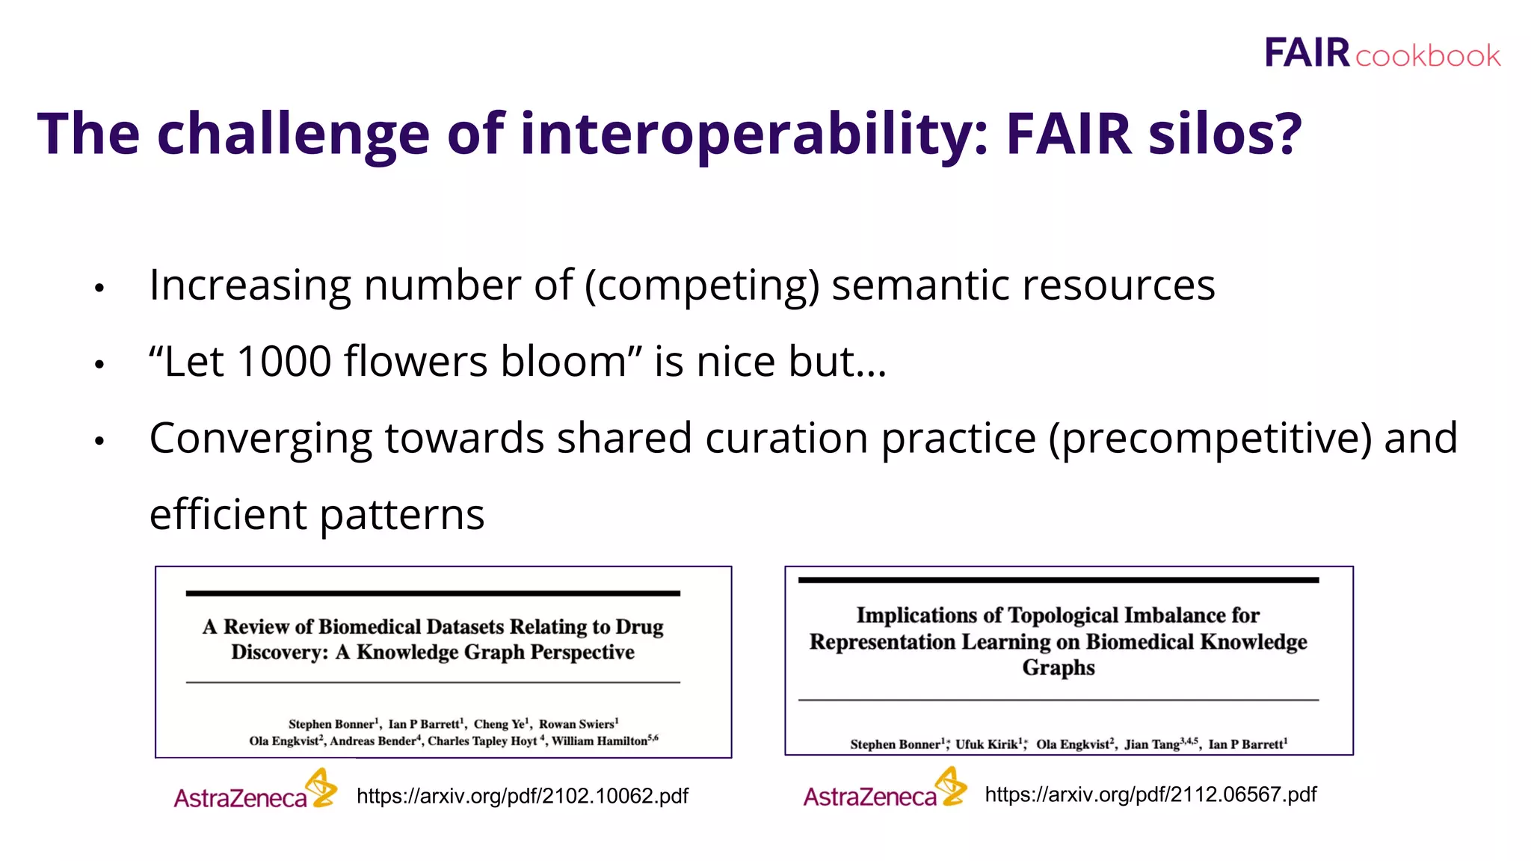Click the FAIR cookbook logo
coord(1381,54)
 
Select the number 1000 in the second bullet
coord(284,362)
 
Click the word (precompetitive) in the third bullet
coord(1210,438)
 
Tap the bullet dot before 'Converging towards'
coord(99,441)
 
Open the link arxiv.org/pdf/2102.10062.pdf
coord(523,796)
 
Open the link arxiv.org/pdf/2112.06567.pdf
coord(1150,794)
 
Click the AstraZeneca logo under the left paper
coord(255,791)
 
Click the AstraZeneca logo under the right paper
coord(884,789)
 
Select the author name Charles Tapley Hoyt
coord(482,741)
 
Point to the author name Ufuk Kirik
coord(987,744)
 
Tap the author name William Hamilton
coord(600,741)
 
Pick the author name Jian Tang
coord(1152,744)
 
